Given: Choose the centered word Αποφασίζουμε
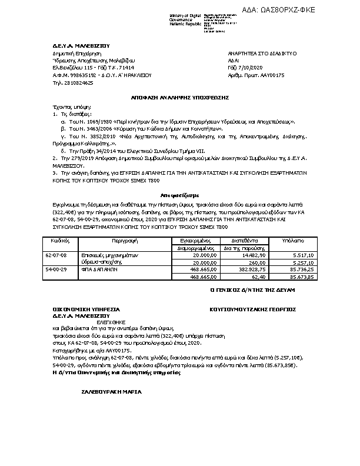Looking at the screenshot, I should click(179, 194).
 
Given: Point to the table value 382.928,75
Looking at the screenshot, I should click(252, 269).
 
